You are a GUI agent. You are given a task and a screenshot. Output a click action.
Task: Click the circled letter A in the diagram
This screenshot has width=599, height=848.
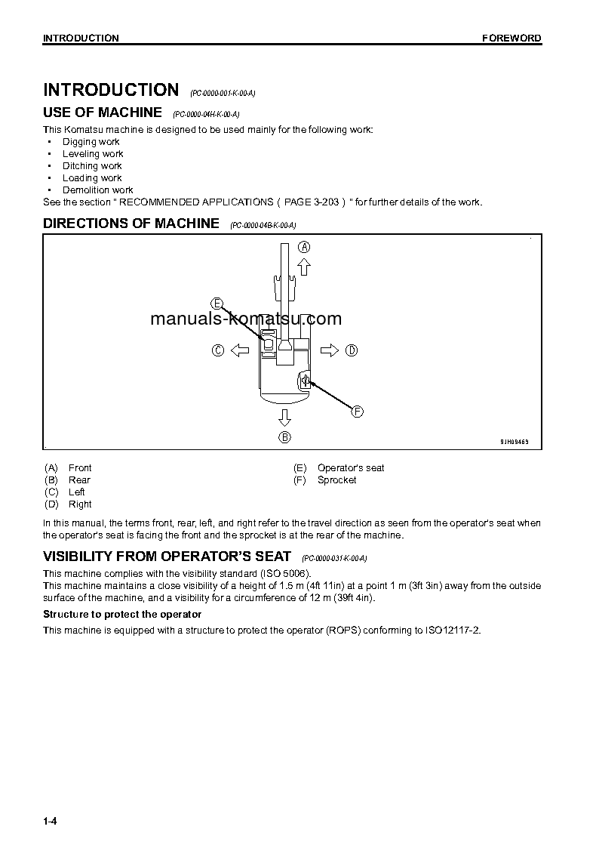[304, 247]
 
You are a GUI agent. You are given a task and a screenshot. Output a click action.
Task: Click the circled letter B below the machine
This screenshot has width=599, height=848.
[284, 436]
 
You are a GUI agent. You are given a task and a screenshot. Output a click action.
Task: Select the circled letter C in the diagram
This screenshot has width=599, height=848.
[217, 350]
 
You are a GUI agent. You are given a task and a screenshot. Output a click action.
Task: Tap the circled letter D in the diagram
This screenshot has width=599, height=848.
[352, 350]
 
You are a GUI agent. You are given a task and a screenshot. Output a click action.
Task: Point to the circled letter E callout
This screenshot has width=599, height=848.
[217, 304]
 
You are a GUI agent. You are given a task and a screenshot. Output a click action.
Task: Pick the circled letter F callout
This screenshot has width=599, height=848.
[358, 412]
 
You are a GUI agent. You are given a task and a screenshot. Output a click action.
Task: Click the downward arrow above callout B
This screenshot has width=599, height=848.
[284, 418]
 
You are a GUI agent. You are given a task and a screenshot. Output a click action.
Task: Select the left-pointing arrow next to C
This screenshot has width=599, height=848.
[239, 350]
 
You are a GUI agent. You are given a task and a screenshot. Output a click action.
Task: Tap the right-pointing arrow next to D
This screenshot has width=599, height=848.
[330, 350]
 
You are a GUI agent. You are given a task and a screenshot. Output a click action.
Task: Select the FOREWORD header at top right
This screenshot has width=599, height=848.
[511, 39]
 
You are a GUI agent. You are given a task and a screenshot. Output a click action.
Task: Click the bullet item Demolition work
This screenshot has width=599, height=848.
[97, 190]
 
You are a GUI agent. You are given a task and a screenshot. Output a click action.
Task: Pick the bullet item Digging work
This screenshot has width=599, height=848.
[91, 142]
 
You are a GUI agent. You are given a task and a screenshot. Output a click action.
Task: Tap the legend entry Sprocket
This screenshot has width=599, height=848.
[336, 480]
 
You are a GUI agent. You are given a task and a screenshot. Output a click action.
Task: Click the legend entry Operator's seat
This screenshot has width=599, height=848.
[350, 468]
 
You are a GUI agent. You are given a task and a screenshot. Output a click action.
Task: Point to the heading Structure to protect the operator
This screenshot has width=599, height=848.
[122, 615]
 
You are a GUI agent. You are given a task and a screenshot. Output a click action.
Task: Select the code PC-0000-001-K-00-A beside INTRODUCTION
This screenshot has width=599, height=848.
[223, 93]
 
